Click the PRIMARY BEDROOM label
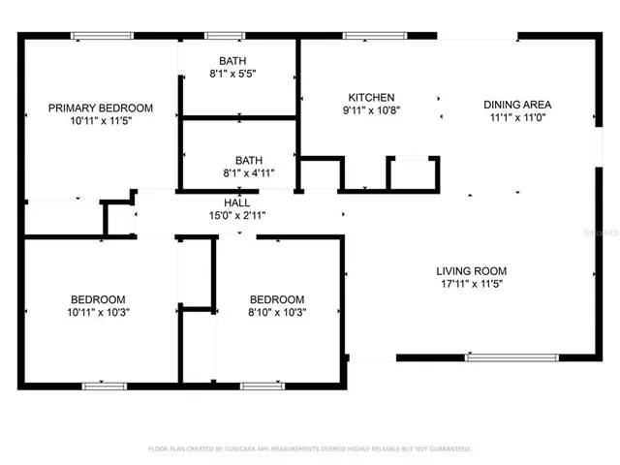coord(101,108)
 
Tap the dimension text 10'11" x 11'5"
coord(101,122)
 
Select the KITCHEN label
coord(371,97)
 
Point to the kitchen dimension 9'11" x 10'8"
coord(371,111)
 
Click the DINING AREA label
coord(518,105)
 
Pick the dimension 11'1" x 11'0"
coord(518,119)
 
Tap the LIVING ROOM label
coord(471,271)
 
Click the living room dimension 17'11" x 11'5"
coord(471,286)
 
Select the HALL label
coord(237,202)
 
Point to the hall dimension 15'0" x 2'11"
coord(237,216)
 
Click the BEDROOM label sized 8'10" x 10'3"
coord(276,299)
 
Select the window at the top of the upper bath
coord(222,37)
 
